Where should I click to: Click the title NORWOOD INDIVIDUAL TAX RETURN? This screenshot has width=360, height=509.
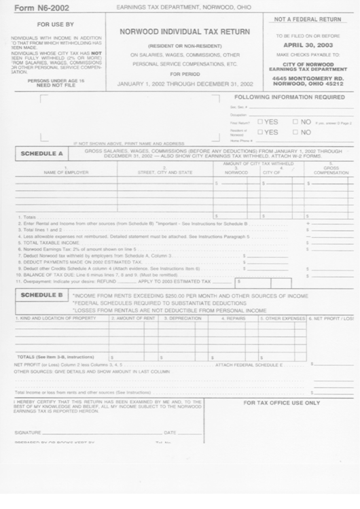point(184,31)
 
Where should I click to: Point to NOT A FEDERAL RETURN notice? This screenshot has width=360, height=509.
point(308,20)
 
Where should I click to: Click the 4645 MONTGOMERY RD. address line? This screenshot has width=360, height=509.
point(308,78)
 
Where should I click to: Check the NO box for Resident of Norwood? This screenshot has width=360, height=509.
point(295,133)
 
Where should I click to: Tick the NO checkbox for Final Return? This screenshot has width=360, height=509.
point(295,122)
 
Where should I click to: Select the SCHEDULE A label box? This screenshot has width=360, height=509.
point(41,154)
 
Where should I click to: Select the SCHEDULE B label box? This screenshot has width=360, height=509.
point(41,296)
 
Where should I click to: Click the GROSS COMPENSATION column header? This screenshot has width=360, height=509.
point(331,169)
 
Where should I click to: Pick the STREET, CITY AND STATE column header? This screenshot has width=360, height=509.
point(165,171)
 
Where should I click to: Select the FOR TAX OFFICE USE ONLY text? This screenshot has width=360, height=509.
point(281,402)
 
